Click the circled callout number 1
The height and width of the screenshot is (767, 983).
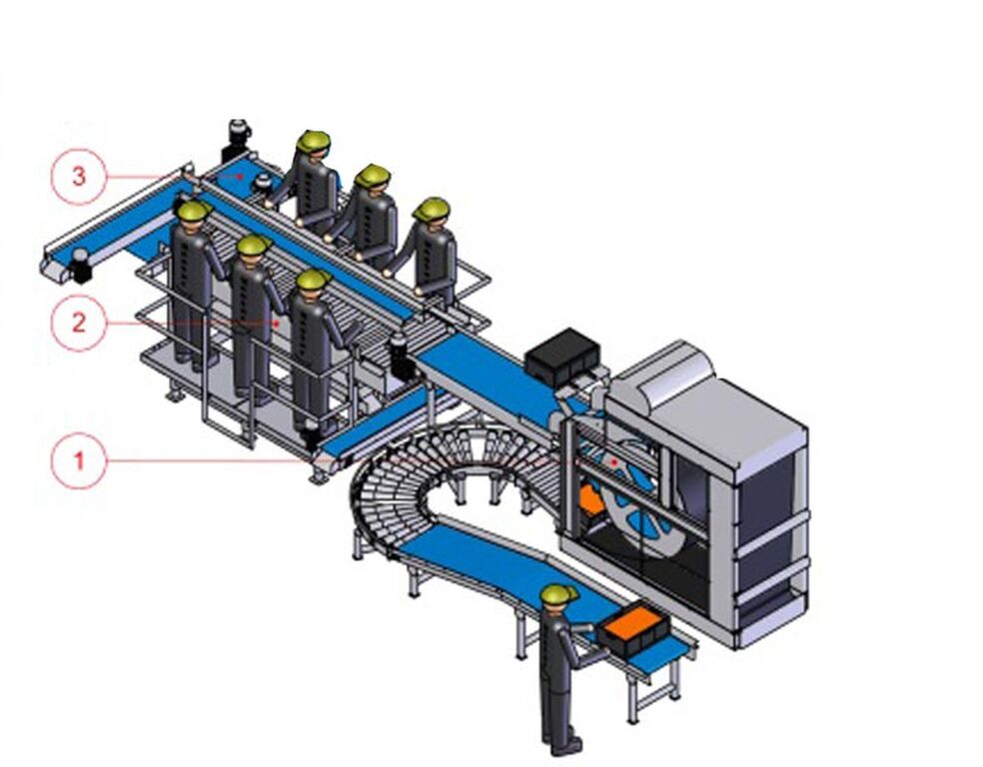point(78,461)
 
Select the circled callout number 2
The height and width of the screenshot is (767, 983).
point(78,322)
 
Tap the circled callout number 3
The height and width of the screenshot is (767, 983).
point(78,177)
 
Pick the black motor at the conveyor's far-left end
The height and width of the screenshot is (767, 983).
point(80,266)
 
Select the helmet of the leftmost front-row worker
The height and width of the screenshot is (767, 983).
point(193,211)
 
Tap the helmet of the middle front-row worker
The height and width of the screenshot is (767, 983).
point(254,245)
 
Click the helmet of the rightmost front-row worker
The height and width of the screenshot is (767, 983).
point(314,280)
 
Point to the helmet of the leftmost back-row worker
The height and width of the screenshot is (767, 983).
point(313,142)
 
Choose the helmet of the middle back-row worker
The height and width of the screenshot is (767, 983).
point(373,176)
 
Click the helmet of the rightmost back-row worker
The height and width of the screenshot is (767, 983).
point(432,209)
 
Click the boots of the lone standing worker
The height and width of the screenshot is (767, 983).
point(564,744)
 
